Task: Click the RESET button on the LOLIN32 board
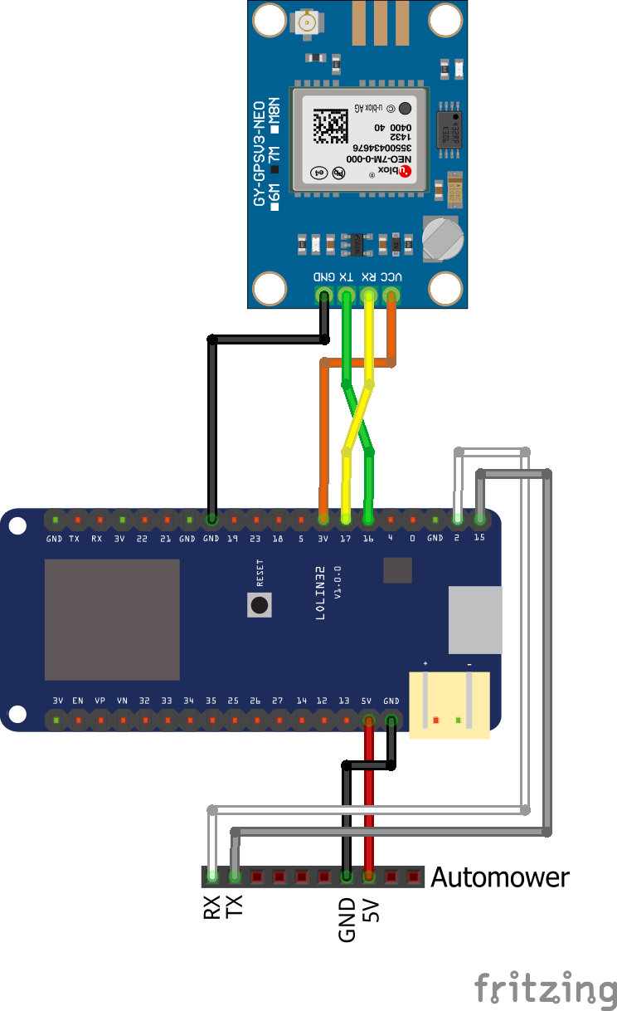[260, 604]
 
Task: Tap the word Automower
[500, 877]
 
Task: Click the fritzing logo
[545, 990]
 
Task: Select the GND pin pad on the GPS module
[323, 295]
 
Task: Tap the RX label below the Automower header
[212, 907]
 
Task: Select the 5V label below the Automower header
[370, 911]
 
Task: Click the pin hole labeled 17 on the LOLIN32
[346, 520]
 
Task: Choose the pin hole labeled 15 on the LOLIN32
[479, 520]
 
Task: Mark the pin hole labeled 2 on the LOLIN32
[457, 520]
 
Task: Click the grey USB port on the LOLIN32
[475, 619]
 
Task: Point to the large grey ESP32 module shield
[112, 619]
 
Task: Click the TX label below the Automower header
[235, 907]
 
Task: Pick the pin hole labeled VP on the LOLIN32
[100, 720]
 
